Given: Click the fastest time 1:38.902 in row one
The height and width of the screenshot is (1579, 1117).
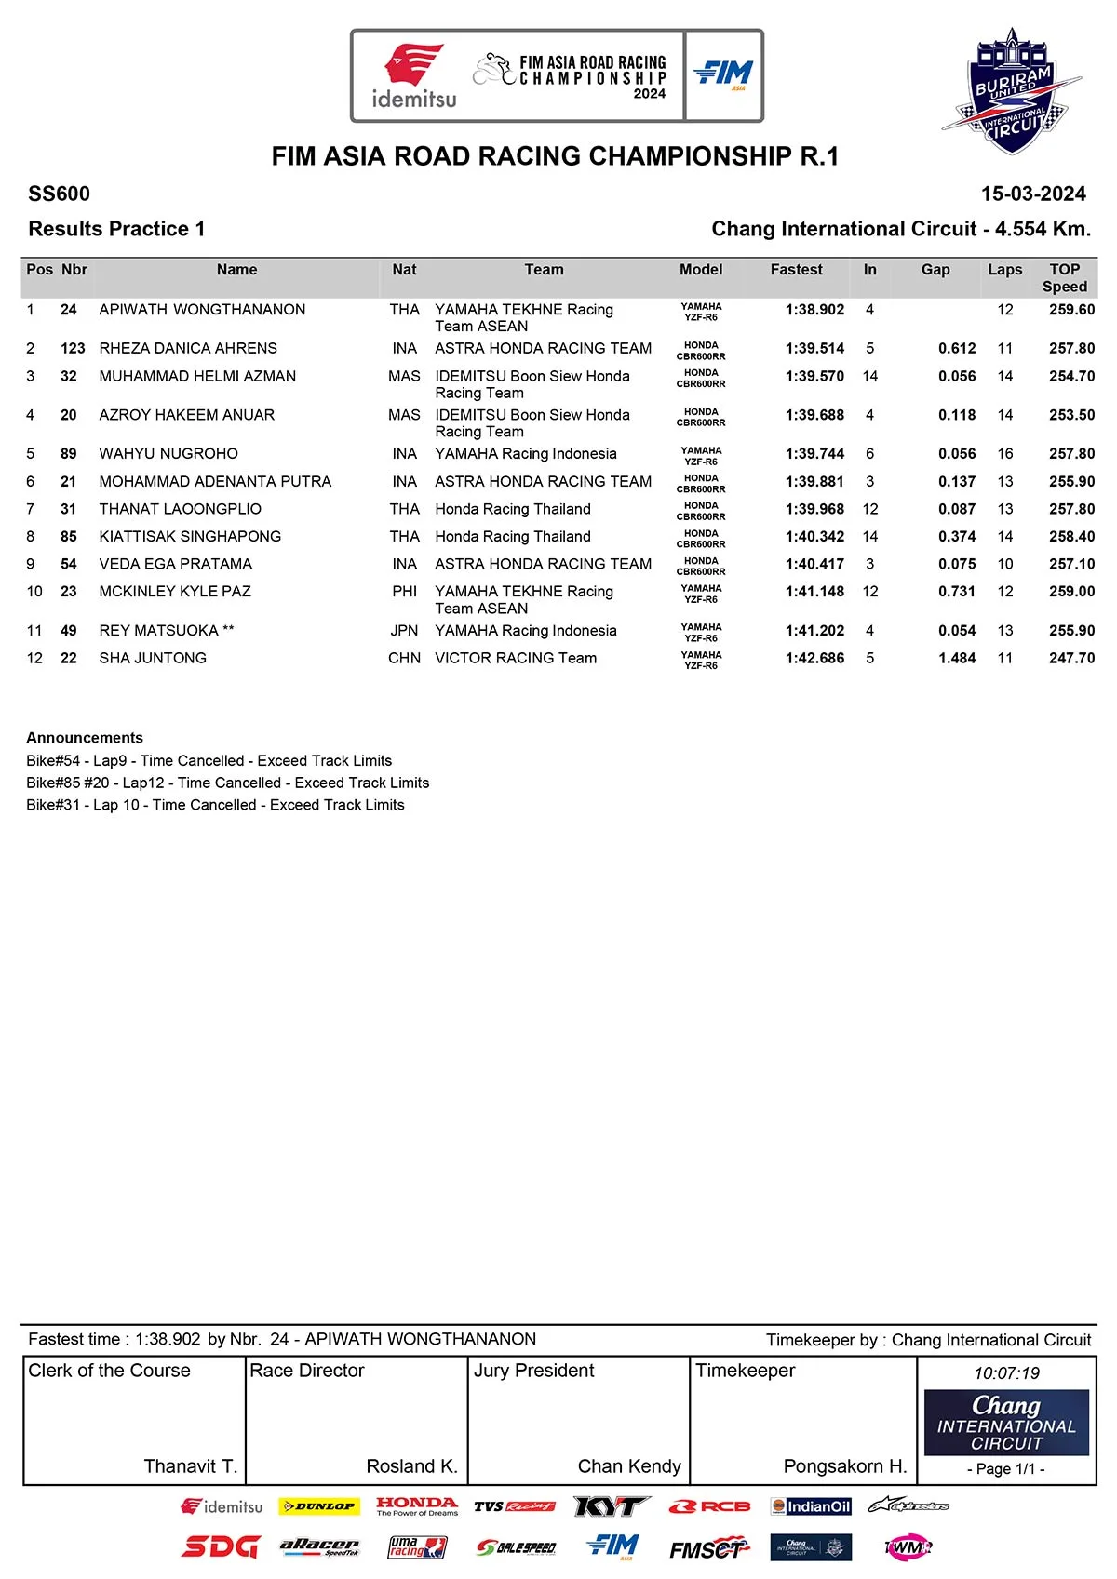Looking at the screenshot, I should click(x=814, y=310).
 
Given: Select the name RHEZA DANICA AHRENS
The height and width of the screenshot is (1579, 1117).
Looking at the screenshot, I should click(x=188, y=349).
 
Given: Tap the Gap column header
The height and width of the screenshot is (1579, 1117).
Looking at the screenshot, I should click(x=935, y=270).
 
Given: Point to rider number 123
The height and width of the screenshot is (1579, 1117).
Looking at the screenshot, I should click(x=73, y=349).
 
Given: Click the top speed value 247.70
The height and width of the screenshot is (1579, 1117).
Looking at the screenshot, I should click(x=1071, y=659).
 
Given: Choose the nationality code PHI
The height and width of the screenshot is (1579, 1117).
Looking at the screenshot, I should click(x=404, y=592).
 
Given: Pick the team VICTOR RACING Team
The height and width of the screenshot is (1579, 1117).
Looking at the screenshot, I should click(x=516, y=659).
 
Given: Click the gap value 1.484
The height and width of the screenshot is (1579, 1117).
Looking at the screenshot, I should click(x=957, y=659).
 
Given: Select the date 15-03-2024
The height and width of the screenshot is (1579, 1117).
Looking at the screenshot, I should click(x=1033, y=194).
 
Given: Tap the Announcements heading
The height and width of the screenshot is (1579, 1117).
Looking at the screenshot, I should click(x=85, y=738).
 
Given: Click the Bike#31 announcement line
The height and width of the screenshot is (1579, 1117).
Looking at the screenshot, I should click(x=215, y=805).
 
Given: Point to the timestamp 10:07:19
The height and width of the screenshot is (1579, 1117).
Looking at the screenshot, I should click(x=1006, y=1373).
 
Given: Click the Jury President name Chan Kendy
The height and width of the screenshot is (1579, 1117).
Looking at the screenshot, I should click(x=629, y=1466).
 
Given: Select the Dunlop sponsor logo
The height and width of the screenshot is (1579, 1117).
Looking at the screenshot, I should click(x=318, y=1506).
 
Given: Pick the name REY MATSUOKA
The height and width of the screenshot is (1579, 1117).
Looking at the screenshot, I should click(x=158, y=631).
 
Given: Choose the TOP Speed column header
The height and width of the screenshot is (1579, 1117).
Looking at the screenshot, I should click(x=1065, y=278).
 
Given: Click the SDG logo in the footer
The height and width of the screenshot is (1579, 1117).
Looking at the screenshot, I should click(x=220, y=1546).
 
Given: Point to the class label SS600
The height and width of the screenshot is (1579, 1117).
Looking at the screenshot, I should click(x=60, y=194).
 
